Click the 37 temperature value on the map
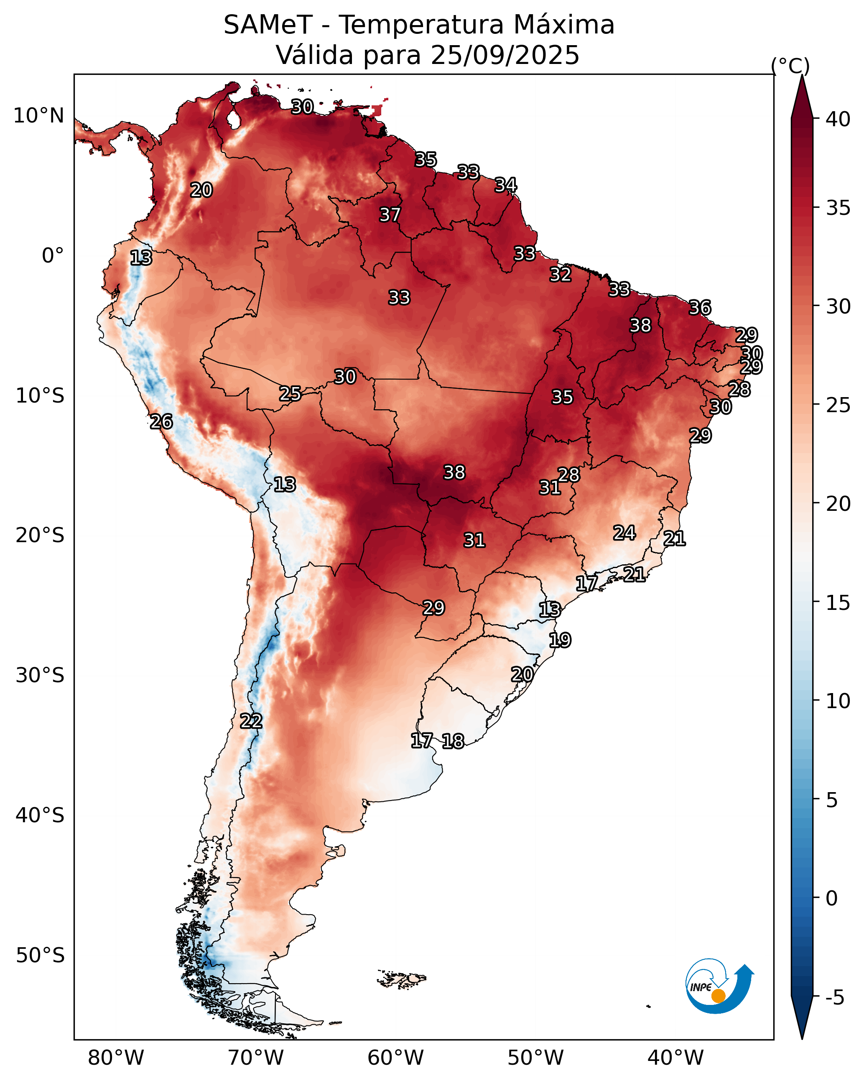(x=390, y=214)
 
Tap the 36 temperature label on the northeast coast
(x=700, y=307)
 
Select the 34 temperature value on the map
(x=505, y=185)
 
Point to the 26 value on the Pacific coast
(x=161, y=422)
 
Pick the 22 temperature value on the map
(x=251, y=721)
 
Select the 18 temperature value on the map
(x=453, y=741)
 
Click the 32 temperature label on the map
(x=560, y=274)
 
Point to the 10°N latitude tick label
(x=38, y=116)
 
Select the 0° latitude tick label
(x=53, y=256)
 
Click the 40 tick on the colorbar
(x=838, y=119)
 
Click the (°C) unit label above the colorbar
(x=790, y=66)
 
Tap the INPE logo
(x=719, y=986)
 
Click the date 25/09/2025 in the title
(x=505, y=55)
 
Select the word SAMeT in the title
(x=268, y=25)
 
